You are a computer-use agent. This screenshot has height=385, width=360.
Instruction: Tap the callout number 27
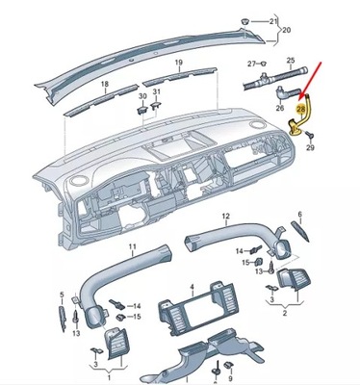click(x=251, y=64)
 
